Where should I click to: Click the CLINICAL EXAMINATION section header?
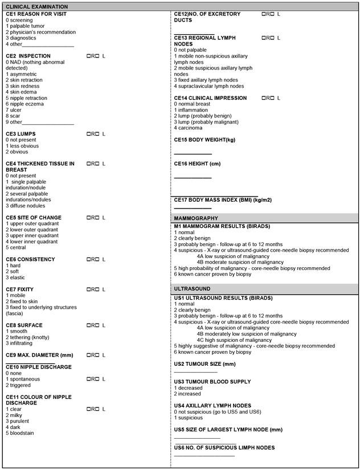34,6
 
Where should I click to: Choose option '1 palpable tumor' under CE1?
25,26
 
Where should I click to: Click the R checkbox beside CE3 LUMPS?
89,134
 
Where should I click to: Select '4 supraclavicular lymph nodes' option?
209,86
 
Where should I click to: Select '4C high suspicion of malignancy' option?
226,340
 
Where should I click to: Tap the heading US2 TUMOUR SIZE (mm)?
204,363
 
